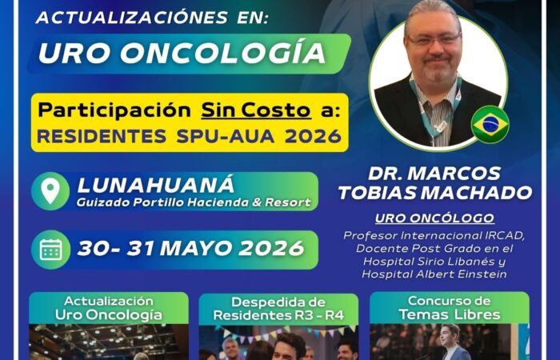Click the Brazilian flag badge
490,125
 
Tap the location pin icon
50,191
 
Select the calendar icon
50,250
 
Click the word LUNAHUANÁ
156,184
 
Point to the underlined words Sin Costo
256,110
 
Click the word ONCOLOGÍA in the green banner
223,53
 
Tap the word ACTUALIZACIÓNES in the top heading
132,17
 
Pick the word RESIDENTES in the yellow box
102,136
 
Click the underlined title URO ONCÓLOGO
434,218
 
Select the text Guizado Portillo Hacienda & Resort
194,202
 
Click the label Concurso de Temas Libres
450,307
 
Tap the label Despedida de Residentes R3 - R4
278,309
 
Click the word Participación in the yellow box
114,111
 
